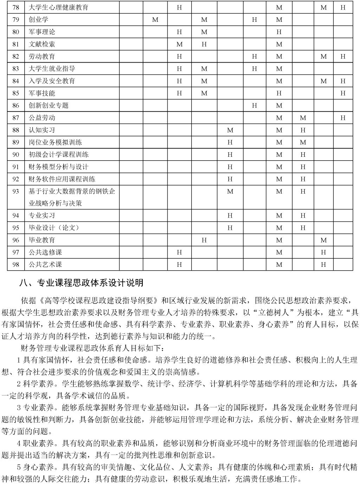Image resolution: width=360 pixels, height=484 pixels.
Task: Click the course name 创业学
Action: pyautogui.click(x=38, y=20)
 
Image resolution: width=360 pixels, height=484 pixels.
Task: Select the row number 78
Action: pyautogui.click(x=15, y=7)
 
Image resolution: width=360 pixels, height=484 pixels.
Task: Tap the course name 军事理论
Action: pyautogui.click(x=42, y=32)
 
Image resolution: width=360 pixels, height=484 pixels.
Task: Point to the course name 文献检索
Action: pyautogui.click(x=42, y=44)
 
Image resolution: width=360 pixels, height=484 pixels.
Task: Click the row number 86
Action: pyautogui.click(x=15, y=105)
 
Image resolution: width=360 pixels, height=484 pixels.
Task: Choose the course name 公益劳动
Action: pyautogui.click(x=42, y=118)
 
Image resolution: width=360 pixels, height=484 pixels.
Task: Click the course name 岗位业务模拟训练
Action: pyautogui.click(x=55, y=142)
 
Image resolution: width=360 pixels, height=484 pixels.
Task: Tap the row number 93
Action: pyautogui.click(x=15, y=191)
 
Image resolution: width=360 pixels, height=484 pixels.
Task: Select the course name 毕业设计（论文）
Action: pyautogui.click(x=54, y=228)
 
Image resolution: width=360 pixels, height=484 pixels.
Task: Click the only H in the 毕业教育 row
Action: pyautogui.click(x=204, y=240)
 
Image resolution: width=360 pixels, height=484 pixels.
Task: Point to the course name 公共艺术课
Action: pyautogui.click(x=45, y=265)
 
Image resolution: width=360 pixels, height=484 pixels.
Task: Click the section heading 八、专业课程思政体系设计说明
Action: pyautogui.click(x=82, y=283)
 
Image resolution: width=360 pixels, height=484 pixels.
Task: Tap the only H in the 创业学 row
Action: pyautogui.click(x=255, y=20)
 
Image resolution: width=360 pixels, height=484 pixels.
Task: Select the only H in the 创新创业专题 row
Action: pyautogui.click(x=255, y=105)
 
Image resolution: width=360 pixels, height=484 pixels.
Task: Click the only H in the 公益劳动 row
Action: pyautogui.click(x=343, y=118)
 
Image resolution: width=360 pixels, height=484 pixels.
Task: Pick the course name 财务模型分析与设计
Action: pyautogui.click(x=58, y=167)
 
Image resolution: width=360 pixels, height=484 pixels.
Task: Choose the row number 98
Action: pyautogui.click(x=15, y=265)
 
